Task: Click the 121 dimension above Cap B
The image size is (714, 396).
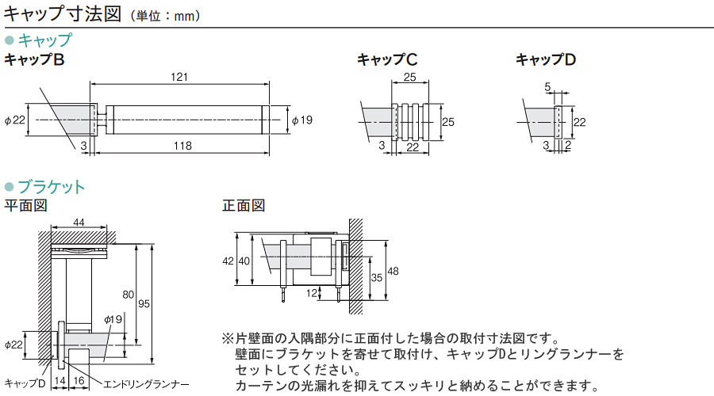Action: coord(179,77)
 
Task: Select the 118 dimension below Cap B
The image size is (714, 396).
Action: coord(182,146)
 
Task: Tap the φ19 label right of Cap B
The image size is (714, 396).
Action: coord(302,120)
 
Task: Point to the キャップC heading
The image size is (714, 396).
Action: coord(387,59)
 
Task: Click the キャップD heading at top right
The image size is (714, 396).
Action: coord(546,59)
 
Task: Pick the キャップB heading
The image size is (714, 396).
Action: coord(34,59)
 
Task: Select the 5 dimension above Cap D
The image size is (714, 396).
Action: coord(547,86)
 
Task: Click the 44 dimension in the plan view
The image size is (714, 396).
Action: coord(79,223)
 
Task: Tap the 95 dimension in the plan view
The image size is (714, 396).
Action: coord(144,303)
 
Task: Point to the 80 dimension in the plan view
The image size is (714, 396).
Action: coord(129,295)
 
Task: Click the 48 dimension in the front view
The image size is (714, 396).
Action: coord(393,272)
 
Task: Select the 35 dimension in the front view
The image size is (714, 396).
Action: coord(377,277)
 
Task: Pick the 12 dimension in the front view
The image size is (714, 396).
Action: coord(312,293)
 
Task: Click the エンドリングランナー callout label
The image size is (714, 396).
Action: coord(146,385)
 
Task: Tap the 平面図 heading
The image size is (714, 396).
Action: coord(26,205)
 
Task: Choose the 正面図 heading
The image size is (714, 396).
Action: coord(244,205)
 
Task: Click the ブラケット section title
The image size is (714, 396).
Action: coord(52,187)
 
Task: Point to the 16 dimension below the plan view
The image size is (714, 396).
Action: coord(79,381)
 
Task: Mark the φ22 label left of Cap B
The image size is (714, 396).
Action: coord(14,120)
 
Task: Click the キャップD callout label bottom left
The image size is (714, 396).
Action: coord(25,383)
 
